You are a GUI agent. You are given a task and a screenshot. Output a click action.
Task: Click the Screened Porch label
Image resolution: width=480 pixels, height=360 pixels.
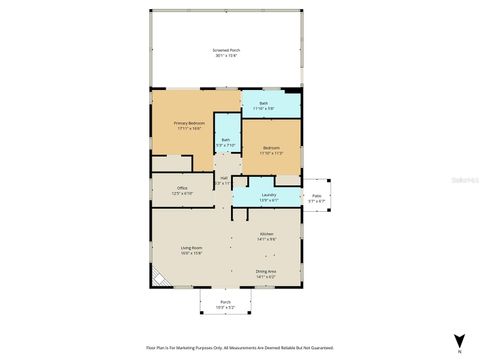[x=227, y=50]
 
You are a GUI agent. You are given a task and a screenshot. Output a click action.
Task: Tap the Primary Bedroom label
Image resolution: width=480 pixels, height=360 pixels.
[x=190, y=124]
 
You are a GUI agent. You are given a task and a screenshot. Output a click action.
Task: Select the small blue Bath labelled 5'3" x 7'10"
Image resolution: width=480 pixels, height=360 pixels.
[x=226, y=140]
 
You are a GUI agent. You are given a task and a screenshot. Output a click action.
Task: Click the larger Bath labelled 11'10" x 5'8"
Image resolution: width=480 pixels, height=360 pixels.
[x=264, y=103]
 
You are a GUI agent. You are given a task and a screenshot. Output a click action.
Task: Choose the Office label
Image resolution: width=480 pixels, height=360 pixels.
[x=183, y=188]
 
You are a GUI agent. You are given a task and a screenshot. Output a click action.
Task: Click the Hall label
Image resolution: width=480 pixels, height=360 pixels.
[x=224, y=178]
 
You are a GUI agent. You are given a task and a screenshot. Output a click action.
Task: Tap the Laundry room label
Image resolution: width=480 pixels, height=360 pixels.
[x=269, y=195]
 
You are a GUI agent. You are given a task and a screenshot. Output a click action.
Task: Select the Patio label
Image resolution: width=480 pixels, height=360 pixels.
[x=316, y=196]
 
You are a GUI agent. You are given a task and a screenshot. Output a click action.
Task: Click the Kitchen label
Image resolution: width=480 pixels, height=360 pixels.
[x=267, y=234]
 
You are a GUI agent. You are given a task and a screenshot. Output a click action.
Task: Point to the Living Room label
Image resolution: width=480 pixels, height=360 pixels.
[x=192, y=248]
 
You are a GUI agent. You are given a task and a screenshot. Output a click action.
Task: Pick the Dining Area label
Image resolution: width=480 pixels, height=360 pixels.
[x=266, y=271]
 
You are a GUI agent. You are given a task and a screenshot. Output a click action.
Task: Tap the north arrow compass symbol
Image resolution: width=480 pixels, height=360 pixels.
[x=458, y=342]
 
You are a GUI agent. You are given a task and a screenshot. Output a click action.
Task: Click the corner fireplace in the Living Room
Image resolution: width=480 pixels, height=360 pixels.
[x=158, y=277]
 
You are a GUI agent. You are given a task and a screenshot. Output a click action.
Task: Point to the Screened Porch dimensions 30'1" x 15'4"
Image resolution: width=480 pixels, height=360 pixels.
[x=227, y=56]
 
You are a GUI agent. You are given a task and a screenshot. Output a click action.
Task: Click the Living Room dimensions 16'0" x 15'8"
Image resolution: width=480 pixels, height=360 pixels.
[x=192, y=254]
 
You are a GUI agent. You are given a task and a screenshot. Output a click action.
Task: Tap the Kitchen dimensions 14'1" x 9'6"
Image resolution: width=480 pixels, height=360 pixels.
[x=267, y=239]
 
